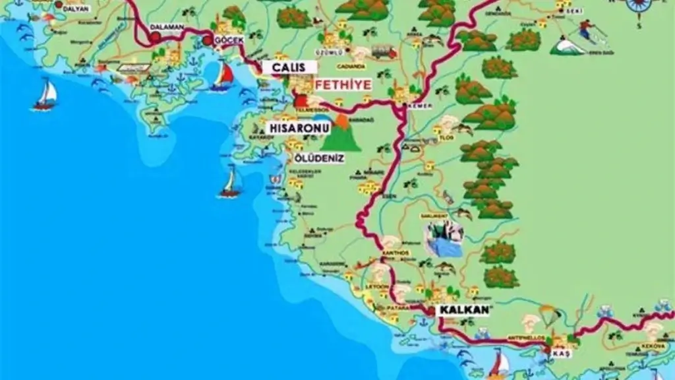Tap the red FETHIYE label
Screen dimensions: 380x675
pyautogui.click(x=343, y=84)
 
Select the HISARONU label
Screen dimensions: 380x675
pyautogui.click(x=294, y=126)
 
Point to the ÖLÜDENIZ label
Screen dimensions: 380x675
pyautogui.click(x=320, y=158)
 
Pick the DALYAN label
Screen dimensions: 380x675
pyautogui.click(x=74, y=9)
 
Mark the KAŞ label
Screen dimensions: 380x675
pyautogui.click(x=560, y=354)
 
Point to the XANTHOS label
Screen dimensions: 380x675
pyautogui.click(x=396, y=253)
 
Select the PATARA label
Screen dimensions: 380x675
pyautogui.click(x=401, y=308)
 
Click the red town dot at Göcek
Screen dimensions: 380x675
pyautogui.click(x=208, y=40)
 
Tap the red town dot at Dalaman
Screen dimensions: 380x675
pyautogui.click(x=155, y=38)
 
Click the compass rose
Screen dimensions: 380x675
pyautogui.click(x=637, y=5)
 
